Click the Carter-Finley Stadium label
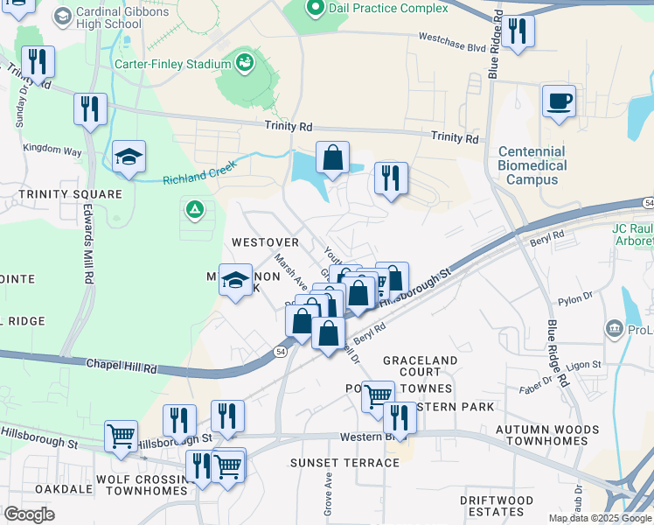pos(171,64)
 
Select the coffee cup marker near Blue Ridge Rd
pos(559,101)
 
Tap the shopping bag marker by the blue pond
pos(332,158)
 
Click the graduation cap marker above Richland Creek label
pos(129,157)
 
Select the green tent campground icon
pos(192,210)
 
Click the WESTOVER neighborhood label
pos(265,241)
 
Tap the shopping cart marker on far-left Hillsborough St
pos(121,436)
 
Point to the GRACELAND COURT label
pos(420,366)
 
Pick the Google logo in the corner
pos(29,514)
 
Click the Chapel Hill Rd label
pos(122,366)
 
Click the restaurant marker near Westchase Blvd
pos(518,32)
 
